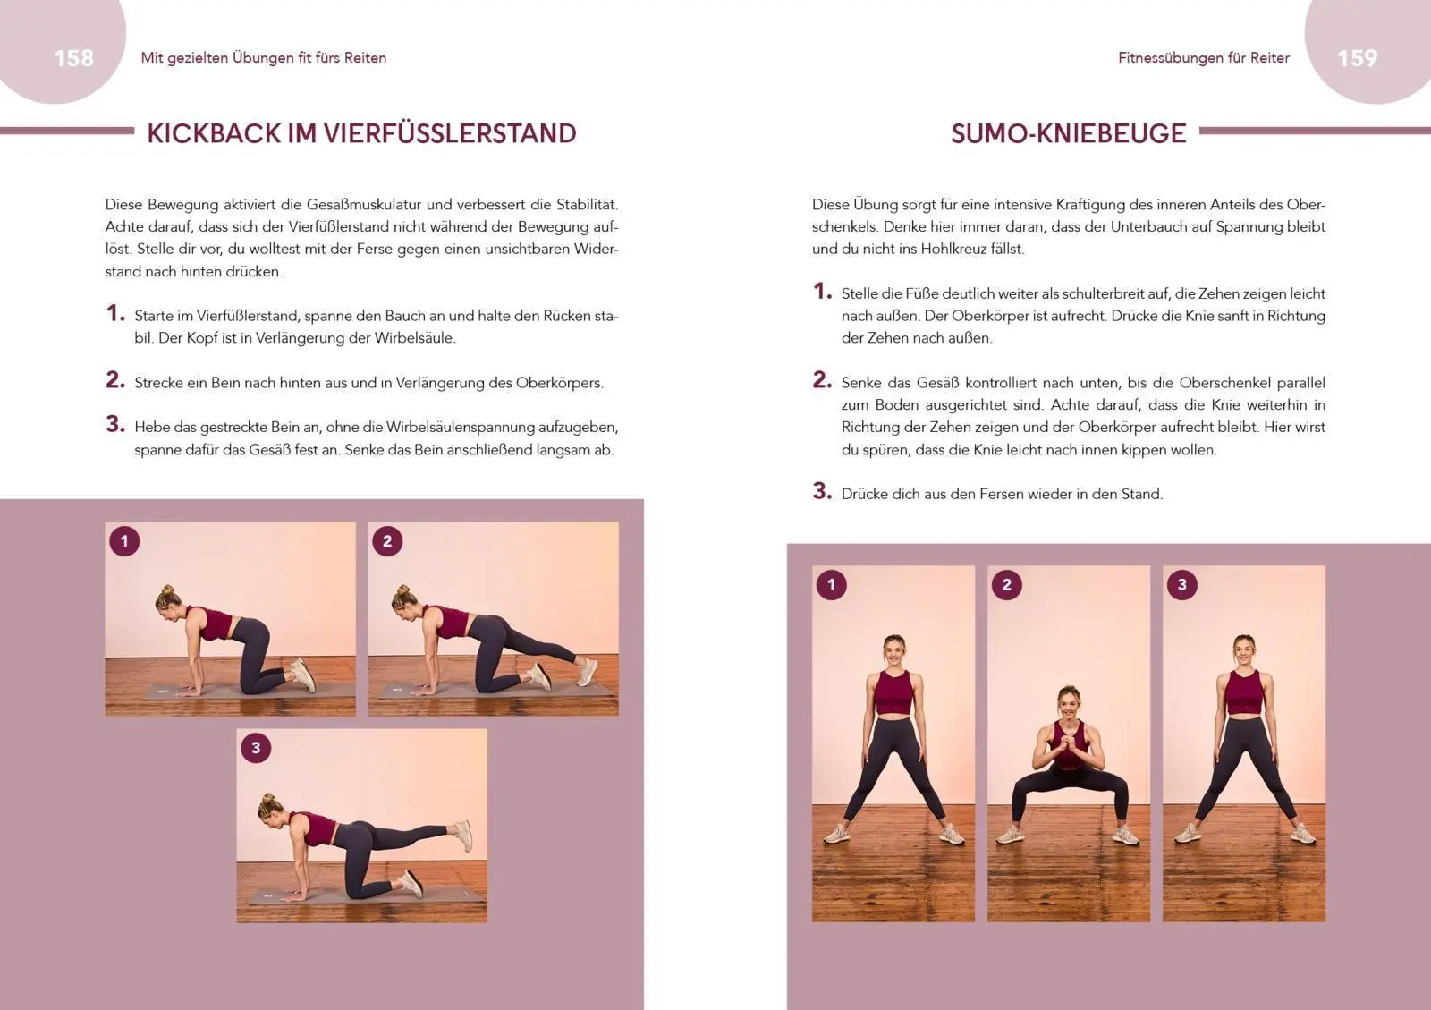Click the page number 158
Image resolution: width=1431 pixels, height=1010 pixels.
click(73, 58)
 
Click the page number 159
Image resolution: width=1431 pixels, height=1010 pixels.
click(1356, 58)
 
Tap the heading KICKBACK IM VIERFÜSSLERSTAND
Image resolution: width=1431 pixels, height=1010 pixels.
click(361, 133)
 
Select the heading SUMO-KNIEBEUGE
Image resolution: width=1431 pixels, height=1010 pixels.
click(1068, 133)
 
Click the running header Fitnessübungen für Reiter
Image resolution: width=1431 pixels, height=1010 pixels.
click(1203, 58)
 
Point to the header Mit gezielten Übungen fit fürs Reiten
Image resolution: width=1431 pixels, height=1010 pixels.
click(264, 58)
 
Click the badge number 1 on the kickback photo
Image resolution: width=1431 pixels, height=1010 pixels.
click(124, 540)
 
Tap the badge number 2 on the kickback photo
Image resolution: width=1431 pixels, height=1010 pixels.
click(387, 540)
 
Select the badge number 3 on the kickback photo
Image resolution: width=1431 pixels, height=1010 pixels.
click(256, 748)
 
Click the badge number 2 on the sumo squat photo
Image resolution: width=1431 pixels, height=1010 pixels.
click(1006, 585)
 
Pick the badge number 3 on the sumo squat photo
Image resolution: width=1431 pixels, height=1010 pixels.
click(1181, 585)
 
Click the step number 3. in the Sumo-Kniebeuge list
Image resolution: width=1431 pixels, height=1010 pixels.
click(822, 491)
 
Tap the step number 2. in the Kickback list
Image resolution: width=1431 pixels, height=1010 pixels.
click(115, 380)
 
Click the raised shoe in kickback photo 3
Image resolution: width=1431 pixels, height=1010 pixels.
click(462, 834)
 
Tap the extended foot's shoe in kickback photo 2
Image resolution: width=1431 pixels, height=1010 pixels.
click(586, 670)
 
